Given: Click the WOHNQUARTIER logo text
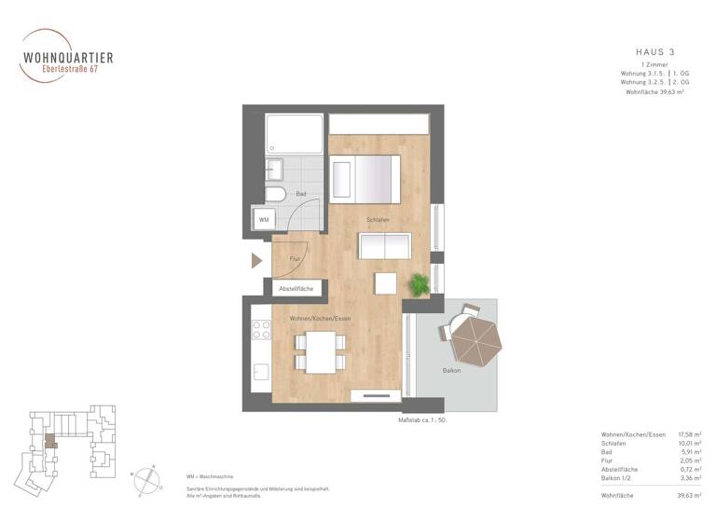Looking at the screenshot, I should click(67, 57).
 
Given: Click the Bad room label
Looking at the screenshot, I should click(301, 194).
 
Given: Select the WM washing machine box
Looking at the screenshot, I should click(264, 220).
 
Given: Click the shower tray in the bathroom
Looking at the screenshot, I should click(294, 134).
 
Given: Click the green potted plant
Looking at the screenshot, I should click(419, 283).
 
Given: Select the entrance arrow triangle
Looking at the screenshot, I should click(257, 260).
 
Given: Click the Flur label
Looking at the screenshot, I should click(295, 259).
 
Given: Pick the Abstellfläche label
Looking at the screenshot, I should click(296, 290).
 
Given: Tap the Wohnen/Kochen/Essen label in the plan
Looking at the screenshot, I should click(319, 319).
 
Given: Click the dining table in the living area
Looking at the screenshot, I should click(321, 351).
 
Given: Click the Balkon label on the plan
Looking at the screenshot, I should click(426, 371).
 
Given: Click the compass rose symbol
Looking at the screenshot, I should click(148, 478).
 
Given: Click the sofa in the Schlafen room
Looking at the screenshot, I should click(385, 246).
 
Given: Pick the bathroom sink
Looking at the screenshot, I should click(274, 171).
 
